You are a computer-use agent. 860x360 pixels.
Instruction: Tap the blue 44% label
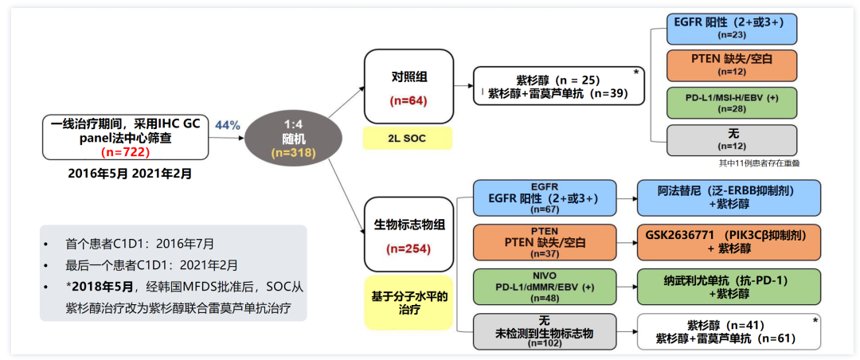click(227, 125)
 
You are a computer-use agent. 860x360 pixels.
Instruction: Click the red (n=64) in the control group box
click(408, 101)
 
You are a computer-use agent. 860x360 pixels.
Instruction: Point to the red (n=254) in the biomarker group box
click(408, 248)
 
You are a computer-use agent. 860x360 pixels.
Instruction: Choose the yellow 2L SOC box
click(407, 139)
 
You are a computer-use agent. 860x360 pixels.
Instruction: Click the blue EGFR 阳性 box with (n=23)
click(733, 29)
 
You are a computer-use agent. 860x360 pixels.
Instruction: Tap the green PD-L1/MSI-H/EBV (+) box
click(733, 103)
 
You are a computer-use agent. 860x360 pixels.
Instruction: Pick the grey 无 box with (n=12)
click(733, 140)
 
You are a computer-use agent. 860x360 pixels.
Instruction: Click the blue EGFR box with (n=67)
click(545, 198)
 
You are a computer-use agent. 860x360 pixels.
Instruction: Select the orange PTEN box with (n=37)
click(545, 242)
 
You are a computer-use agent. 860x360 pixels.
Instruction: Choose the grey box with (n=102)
click(545, 331)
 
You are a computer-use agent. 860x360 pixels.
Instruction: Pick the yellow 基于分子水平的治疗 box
click(408, 303)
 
